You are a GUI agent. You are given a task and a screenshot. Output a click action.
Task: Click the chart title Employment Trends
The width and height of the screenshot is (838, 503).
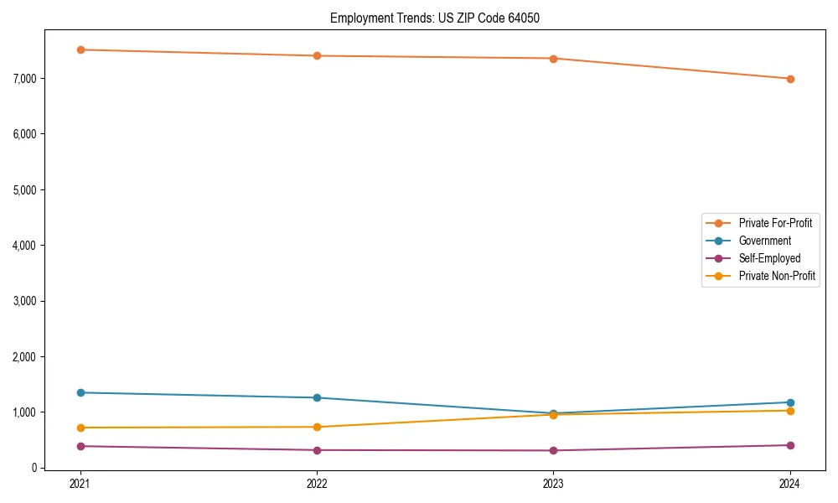pos(440,18)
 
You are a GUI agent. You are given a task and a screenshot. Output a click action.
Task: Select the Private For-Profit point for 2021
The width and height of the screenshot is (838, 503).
pos(80,49)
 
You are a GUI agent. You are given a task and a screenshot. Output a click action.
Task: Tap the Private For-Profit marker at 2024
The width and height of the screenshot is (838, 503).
pos(790,79)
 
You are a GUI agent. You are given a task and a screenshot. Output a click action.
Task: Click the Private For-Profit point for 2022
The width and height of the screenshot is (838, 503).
pos(317,55)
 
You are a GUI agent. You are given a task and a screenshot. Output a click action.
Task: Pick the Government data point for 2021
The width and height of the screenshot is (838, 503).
pos(80,392)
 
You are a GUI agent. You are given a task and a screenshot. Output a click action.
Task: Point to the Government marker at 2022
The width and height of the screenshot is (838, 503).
pos(317,397)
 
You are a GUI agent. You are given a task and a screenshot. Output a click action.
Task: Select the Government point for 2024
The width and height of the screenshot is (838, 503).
pos(790,402)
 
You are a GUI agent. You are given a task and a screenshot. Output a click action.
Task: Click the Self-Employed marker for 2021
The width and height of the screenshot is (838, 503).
pos(80,446)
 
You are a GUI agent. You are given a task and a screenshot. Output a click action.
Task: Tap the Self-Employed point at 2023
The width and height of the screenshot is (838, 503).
pos(554,450)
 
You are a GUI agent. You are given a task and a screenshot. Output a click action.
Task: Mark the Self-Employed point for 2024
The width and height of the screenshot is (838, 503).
pos(790,445)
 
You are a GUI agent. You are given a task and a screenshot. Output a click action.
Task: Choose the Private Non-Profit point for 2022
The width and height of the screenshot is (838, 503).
pos(317,427)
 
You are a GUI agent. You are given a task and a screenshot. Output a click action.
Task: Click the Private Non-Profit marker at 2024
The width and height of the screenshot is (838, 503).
pos(790,410)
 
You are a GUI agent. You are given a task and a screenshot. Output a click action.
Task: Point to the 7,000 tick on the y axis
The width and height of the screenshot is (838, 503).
pos(24,79)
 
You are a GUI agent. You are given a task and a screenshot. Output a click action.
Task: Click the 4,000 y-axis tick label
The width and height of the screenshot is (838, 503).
pos(24,246)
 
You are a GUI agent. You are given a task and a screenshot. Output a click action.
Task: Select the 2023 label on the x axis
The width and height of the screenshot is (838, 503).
pos(554,484)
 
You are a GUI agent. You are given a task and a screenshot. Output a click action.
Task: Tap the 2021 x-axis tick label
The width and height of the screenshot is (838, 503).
pos(80,484)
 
